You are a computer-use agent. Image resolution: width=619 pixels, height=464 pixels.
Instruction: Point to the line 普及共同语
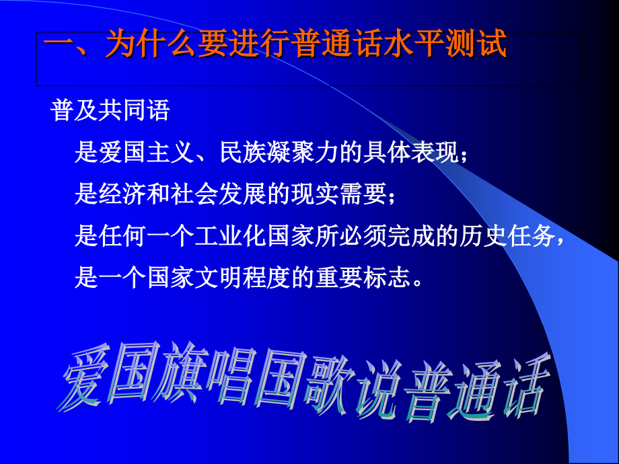click(x=110, y=111)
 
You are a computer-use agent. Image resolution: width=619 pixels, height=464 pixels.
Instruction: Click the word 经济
click(x=122, y=195)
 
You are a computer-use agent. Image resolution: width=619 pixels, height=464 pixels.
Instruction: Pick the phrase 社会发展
click(x=219, y=195)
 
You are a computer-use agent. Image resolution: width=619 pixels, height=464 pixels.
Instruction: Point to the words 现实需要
click(x=340, y=195)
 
